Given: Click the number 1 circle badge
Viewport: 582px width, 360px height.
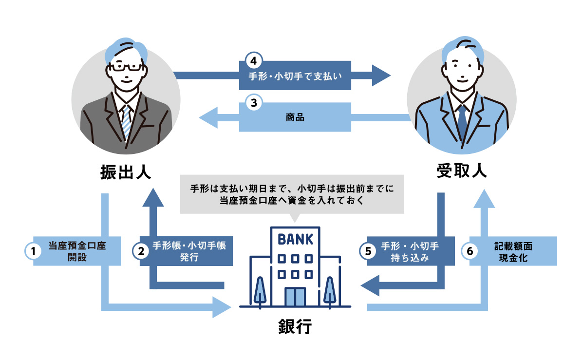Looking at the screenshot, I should (33, 251).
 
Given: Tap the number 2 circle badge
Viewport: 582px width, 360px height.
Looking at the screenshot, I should (140, 251).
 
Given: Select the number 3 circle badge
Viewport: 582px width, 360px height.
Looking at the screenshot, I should (253, 103).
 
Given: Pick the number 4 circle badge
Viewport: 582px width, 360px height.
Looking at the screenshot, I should (253, 61).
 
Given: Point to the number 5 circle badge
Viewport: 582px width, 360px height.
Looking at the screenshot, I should (368, 251).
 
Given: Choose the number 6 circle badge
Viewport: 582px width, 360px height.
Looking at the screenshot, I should (469, 251).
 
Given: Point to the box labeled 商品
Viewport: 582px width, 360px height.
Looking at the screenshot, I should (295, 117).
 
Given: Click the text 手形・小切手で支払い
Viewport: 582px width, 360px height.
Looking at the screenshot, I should (295, 76).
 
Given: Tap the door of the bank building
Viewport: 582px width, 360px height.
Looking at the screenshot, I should (295, 297).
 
